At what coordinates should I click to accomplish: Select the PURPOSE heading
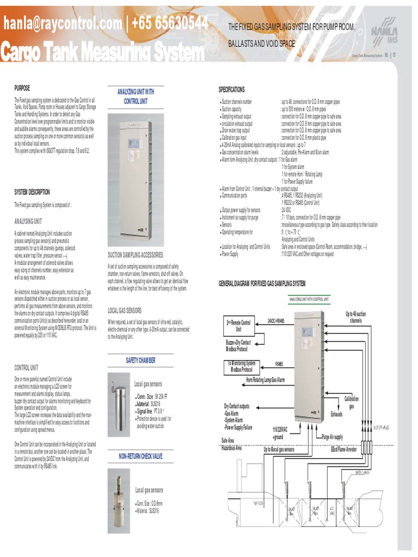tap(22, 88)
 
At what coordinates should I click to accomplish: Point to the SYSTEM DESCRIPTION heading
tap(32, 192)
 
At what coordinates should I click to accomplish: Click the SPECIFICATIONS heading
tap(232, 89)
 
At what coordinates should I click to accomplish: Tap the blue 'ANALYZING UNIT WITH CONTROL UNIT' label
tap(136, 96)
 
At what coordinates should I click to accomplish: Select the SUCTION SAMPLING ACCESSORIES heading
tap(135, 255)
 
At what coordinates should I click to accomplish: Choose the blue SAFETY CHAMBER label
tap(140, 361)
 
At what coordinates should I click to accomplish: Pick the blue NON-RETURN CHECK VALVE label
tap(140, 456)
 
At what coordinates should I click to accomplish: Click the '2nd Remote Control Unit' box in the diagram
tap(238, 326)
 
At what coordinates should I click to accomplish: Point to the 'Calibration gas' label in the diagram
tap(352, 403)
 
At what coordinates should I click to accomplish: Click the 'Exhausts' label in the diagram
tap(337, 414)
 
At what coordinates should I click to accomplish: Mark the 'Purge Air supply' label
tap(332, 437)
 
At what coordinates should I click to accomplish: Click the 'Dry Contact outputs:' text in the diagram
tap(237, 406)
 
